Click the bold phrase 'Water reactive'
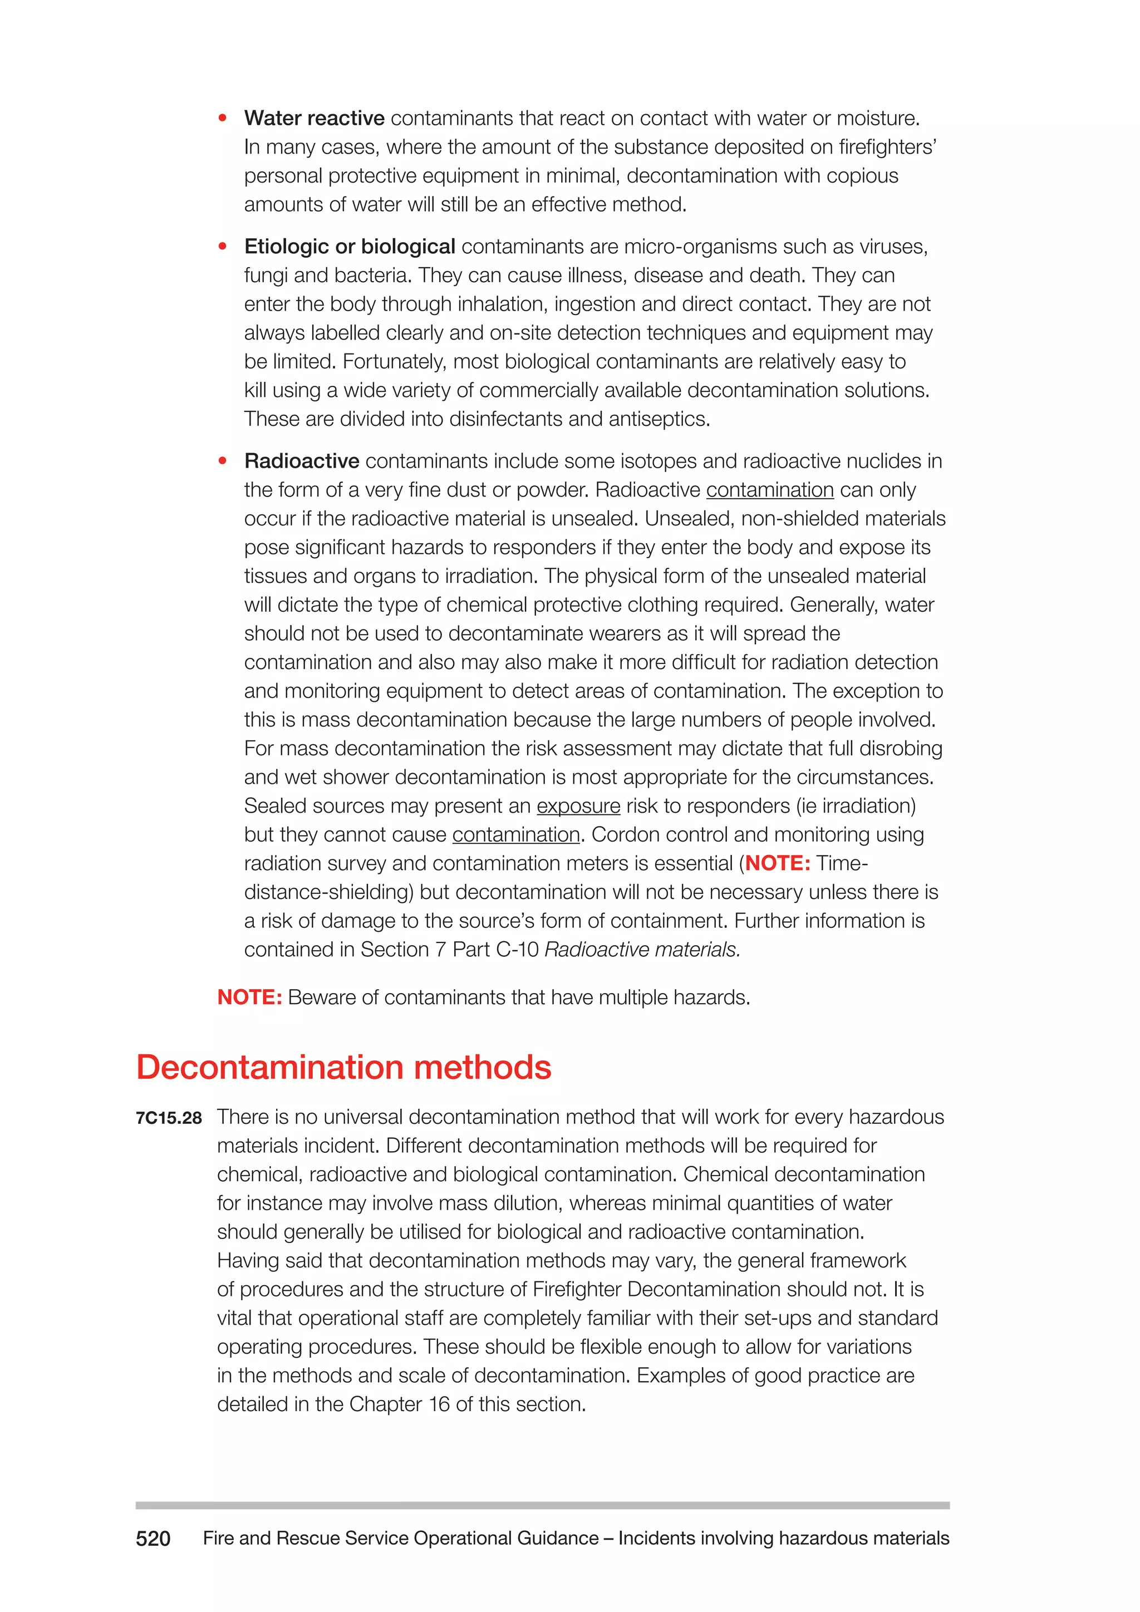tap(314, 118)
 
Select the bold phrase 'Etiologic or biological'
tap(350, 247)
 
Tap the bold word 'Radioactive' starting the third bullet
tap(302, 461)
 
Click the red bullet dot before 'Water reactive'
tap(223, 119)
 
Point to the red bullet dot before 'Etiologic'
tap(223, 247)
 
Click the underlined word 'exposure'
tap(578, 806)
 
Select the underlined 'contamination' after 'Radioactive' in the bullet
tap(769, 490)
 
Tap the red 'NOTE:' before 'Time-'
tap(778, 863)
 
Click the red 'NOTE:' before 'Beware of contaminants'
tap(249, 997)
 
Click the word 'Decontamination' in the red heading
tap(269, 1067)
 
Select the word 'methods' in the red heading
tap(483, 1067)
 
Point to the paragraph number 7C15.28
tap(169, 1118)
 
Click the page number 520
tap(153, 1539)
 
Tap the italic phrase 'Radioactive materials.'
tap(642, 950)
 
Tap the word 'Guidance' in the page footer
tap(557, 1539)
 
